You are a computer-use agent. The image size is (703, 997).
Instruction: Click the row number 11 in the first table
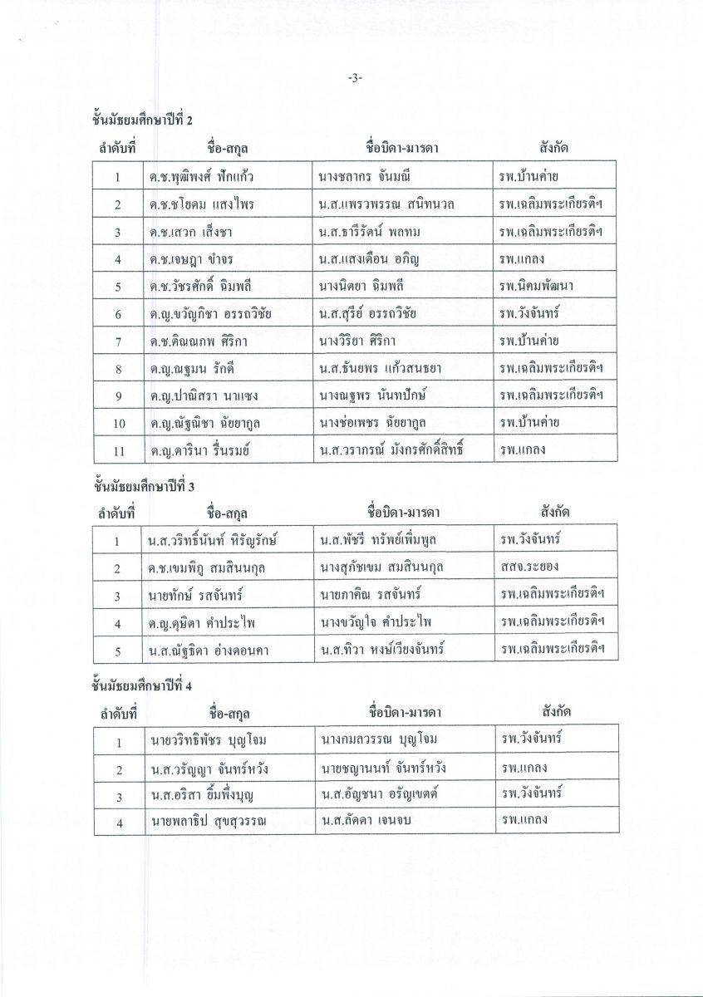tap(119, 450)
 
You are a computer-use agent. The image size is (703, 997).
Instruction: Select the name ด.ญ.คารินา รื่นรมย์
tap(200, 450)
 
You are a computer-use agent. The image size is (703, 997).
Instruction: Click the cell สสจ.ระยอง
tap(528, 567)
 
